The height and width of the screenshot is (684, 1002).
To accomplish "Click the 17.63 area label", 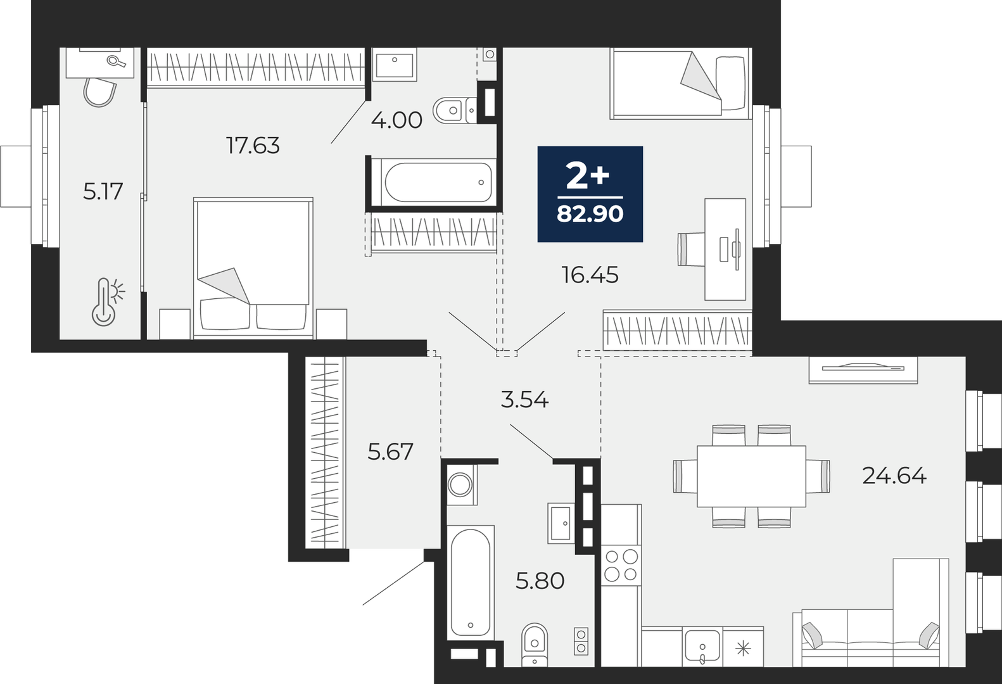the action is pyautogui.click(x=253, y=146).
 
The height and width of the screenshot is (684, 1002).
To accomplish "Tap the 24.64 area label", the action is pyautogui.click(x=894, y=476).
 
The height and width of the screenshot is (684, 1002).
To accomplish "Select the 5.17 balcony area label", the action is pyautogui.click(x=103, y=191).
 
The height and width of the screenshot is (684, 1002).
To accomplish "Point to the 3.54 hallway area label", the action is pyautogui.click(x=524, y=400).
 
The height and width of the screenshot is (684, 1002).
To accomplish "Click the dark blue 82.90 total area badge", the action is pyautogui.click(x=590, y=194).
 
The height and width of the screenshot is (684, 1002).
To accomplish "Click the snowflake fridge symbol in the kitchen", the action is pyautogui.click(x=743, y=648).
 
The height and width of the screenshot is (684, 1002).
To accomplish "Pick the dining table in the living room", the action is pyautogui.click(x=751, y=476).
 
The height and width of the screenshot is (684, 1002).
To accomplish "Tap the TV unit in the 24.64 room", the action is pyautogui.click(x=863, y=369).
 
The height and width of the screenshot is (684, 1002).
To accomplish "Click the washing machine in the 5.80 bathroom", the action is pyautogui.click(x=461, y=485).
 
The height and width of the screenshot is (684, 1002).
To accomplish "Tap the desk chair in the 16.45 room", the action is pyautogui.click(x=691, y=249).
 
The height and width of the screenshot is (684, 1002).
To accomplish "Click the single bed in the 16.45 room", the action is pyautogui.click(x=680, y=84).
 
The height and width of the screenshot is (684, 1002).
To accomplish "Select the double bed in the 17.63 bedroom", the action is pyautogui.click(x=253, y=267).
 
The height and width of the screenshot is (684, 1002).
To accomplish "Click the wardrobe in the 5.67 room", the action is pyautogui.click(x=325, y=452).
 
